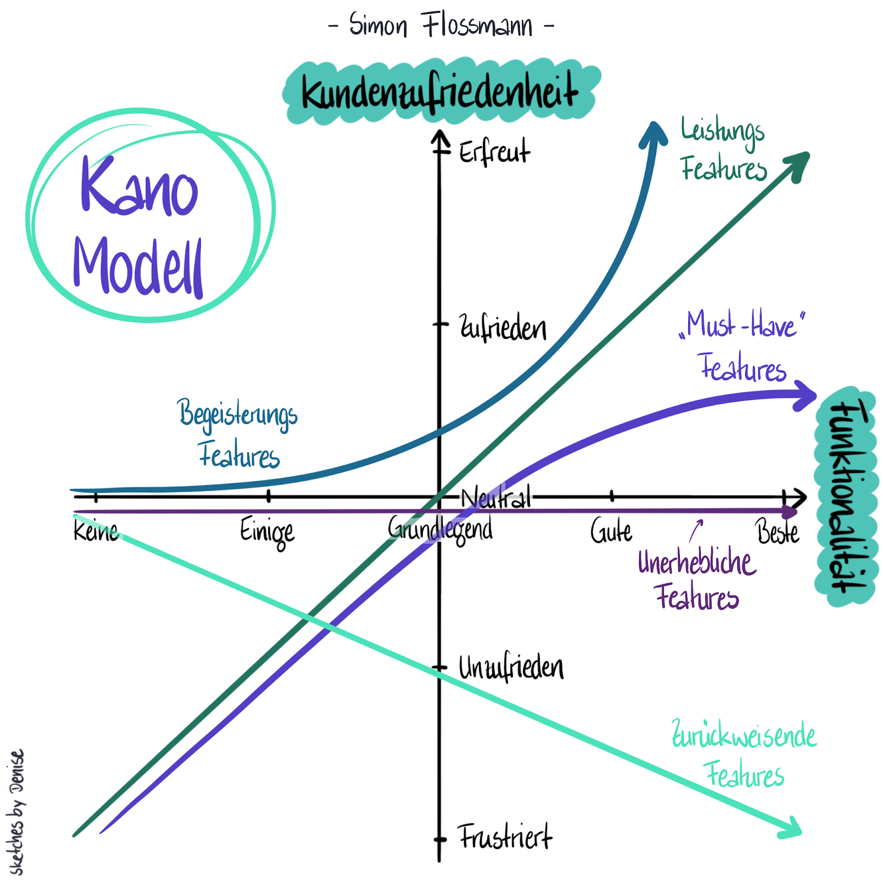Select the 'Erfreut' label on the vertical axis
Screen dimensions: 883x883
(494, 151)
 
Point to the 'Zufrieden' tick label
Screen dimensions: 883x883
(503, 327)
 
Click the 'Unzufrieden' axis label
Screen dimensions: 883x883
(511, 667)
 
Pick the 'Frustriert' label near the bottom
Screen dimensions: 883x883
(505, 837)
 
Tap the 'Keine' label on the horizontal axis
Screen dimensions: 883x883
(96, 531)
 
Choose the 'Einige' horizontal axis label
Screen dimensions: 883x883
(267, 533)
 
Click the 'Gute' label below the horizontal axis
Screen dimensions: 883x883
(611, 531)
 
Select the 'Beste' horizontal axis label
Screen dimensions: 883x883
(778, 531)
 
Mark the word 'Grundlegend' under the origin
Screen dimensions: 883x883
(440, 530)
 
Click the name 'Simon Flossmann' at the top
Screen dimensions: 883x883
(441, 25)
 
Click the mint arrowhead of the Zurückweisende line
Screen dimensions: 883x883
(790, 827)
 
